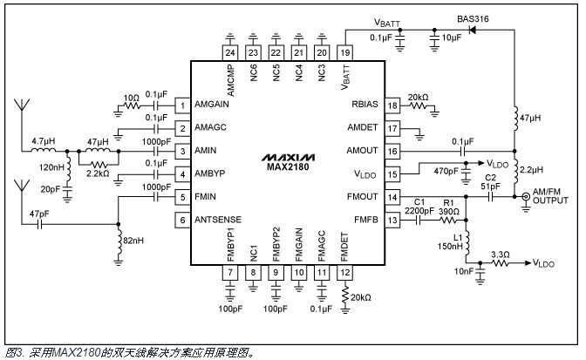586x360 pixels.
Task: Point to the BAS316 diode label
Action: tap(474, 18)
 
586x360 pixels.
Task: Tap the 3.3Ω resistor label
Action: tap(501, 254)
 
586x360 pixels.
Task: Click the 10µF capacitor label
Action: tap(451, 38)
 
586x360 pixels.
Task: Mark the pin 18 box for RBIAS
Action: tap(393, 105)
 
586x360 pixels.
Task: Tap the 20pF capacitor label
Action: tap(50, 187)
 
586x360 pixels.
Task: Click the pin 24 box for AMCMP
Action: tap(230, 52)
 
